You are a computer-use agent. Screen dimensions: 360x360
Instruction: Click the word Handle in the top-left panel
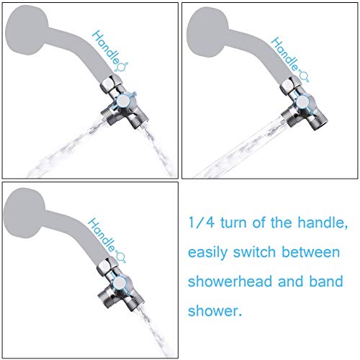tap(106, 48)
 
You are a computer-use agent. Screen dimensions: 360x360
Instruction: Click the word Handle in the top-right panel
tap(284, 54)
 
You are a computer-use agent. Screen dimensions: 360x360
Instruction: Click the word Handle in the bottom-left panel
tap(102, 235)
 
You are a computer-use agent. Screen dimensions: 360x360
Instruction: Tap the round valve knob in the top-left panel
tap(124, 101)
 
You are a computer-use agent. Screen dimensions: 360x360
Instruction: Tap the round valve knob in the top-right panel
tap(302, 102)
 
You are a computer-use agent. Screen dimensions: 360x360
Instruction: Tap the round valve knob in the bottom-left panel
tap(120, 283)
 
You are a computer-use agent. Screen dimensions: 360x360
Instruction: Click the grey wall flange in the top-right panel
tap(207, 32)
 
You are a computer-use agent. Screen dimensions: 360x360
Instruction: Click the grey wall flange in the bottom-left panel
tap(24, 213)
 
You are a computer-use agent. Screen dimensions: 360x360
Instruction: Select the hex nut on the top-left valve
tap(109, 84)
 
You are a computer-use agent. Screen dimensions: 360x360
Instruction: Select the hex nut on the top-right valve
tap(290, 86)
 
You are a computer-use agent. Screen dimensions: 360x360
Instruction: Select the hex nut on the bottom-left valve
tap(107, 266)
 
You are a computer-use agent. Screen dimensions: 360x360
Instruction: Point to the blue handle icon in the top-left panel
tap(122, 67)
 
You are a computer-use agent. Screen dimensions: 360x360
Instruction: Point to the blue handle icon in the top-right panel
tap(303, 77)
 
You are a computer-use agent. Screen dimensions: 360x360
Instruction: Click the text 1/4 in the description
tap(201, 222)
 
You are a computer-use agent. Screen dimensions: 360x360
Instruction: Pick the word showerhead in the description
tap(230, 282)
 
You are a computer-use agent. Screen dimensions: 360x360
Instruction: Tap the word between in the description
tap(311, 252)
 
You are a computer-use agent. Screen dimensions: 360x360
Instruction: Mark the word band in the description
tap(326, 282)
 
